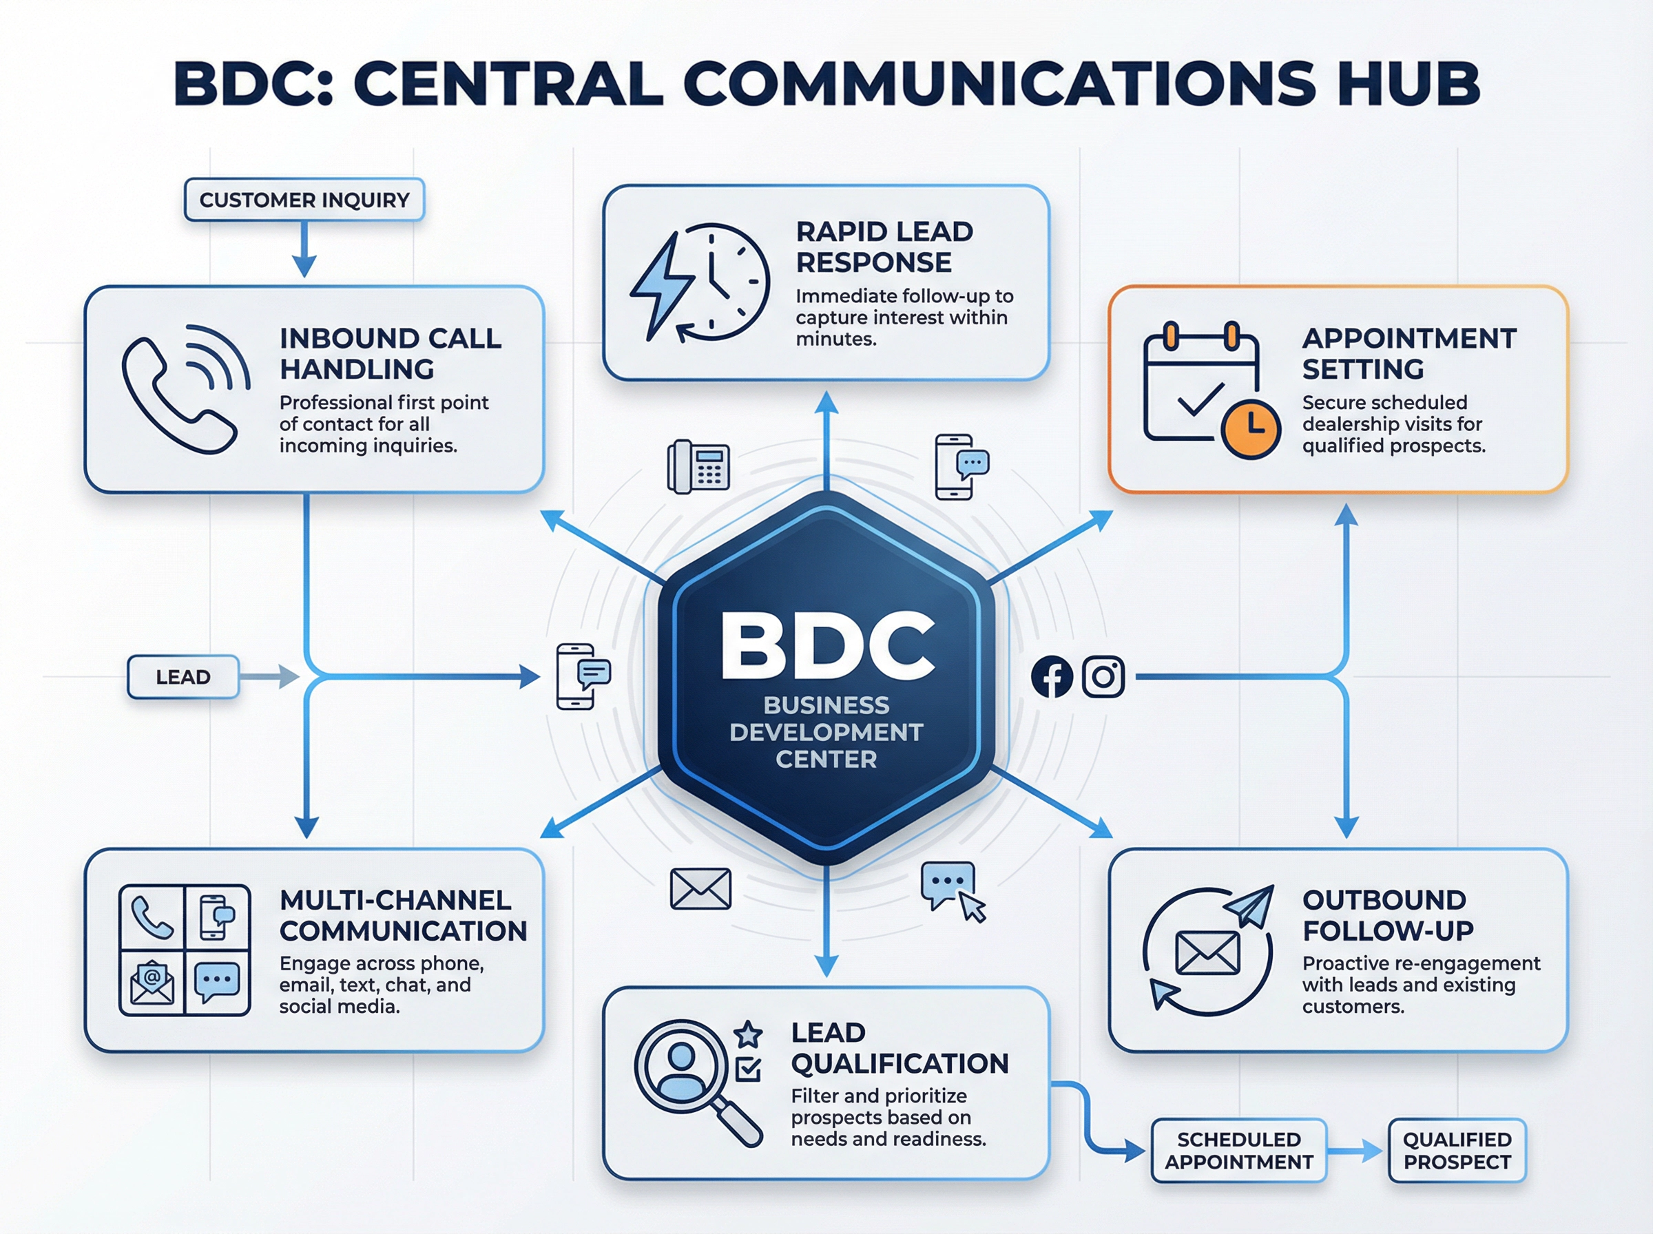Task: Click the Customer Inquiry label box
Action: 304,200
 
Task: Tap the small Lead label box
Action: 183,677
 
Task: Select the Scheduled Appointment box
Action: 1238,1151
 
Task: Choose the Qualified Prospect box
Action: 1457,1151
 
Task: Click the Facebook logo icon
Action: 1052,677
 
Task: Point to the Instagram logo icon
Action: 1103,677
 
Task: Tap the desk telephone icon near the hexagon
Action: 698,467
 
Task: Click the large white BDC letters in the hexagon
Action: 827,646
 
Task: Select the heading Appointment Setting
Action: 1408,353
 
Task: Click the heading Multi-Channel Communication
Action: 404,915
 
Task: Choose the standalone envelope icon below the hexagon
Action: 700,888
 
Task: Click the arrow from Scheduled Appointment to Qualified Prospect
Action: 1355,1151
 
